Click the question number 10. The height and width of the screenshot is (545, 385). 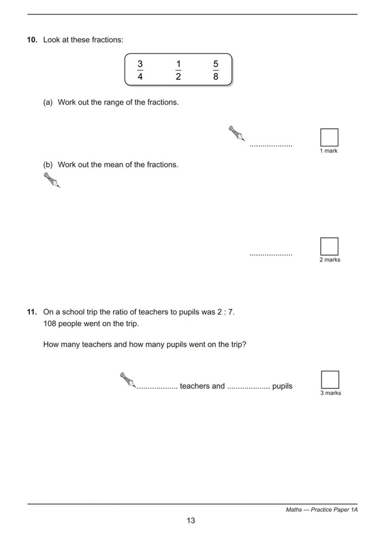32,40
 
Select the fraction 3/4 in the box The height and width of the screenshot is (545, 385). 140,70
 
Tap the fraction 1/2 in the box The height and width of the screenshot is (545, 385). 178,70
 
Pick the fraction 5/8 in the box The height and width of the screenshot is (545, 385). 216,70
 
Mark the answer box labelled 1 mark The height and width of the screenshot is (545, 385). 329,137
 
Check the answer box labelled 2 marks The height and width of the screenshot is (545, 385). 329,246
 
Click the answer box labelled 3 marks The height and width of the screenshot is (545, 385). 330,379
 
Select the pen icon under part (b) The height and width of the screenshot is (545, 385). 52,180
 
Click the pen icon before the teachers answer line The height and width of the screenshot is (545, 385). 128,379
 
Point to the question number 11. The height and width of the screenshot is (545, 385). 32,312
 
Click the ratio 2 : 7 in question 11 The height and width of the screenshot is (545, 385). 225,312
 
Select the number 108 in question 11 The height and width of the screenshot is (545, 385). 50,324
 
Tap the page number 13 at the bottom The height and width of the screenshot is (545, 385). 191,520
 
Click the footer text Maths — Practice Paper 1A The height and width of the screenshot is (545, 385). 322,510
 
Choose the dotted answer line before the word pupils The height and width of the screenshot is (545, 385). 248,388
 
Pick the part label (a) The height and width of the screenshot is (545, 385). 48,102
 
